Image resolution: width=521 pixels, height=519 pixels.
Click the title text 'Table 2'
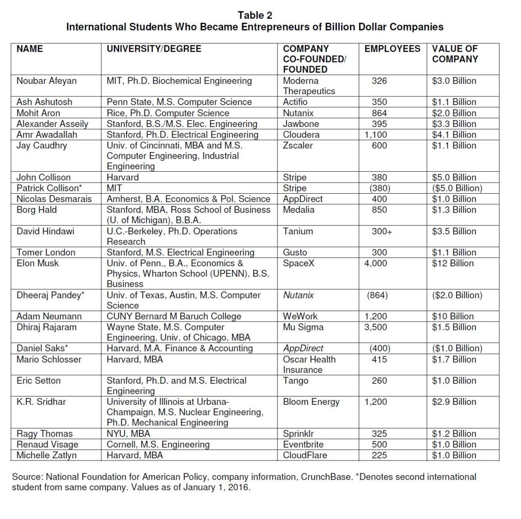[x=255, y=16]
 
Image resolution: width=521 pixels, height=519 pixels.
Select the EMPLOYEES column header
[x=392, y=49]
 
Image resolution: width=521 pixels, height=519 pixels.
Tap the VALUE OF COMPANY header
[x=455, y=54]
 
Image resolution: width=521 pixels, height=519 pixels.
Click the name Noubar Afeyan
[x=47, y=81]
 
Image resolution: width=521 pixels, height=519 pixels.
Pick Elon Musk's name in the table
[x=37, y=263]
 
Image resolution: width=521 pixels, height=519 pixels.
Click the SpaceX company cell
[x=298, y=263]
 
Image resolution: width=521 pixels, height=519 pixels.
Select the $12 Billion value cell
[x=452, y=263]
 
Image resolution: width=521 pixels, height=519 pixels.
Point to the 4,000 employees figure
[x=376, y=263]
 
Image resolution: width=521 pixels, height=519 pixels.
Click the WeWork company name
[x=300, y=316]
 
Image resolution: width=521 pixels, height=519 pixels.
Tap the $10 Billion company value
[x=452, y=316]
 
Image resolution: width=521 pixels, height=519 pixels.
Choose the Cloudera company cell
[x=301, y=135]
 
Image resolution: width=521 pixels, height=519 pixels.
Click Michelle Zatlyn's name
[x=47, y=455]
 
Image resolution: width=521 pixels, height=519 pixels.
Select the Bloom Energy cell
[x=311, y=402]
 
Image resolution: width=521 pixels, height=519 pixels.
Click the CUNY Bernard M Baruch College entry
[x=174, y=316]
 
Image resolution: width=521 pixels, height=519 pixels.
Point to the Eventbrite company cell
[x=303, y=444]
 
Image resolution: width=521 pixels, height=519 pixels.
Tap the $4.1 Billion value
[x=454, y=135]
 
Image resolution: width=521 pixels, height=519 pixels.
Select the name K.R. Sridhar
[x=41, y=402]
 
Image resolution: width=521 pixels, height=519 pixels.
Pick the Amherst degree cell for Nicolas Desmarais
[x=188, y=199]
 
